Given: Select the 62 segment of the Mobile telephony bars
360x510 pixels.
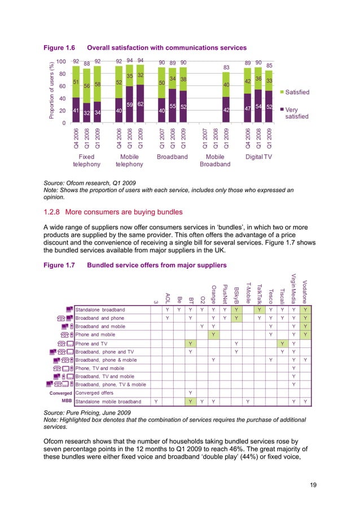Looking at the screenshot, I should tap(141, 104).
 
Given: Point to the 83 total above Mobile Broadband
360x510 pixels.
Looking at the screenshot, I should tap(226, 67).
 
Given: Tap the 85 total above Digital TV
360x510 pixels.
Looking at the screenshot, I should tap(269, 66).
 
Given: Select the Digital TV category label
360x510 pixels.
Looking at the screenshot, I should tap(258, 156).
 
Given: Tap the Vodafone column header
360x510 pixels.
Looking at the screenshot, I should tap(305, 287).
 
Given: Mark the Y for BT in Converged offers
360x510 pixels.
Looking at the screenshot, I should tap(190, 393).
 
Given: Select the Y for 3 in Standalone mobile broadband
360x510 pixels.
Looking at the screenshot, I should tap(156, 402).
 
